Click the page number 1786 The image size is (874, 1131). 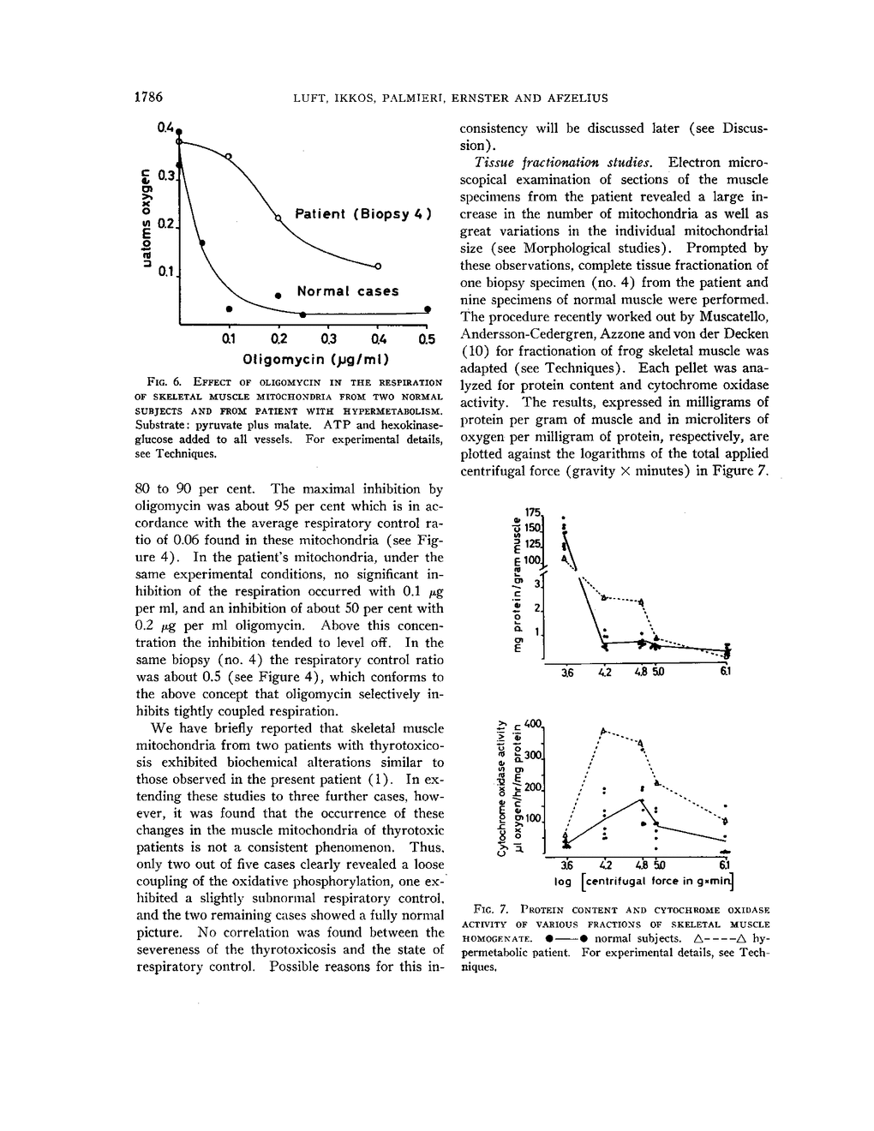149,98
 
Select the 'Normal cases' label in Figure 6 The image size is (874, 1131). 348,291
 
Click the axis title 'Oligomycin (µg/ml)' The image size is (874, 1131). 317,357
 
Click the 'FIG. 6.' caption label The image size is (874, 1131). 159,382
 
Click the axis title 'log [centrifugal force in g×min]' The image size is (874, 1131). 644,881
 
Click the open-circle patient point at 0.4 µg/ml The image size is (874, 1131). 378,264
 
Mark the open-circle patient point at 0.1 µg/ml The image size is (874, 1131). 229,156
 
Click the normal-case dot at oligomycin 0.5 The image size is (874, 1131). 427,308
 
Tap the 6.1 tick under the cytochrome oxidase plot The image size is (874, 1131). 725,863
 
